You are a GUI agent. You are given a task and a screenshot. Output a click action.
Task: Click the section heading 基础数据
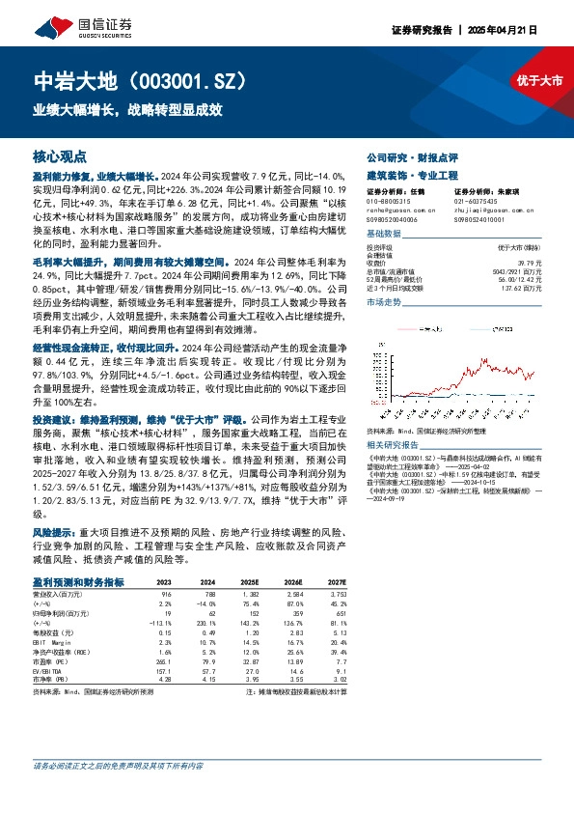(383, 235)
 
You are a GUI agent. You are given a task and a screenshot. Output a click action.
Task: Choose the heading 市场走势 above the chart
(383, 302)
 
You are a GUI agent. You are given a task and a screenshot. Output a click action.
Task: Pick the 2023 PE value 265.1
(163, 661)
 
